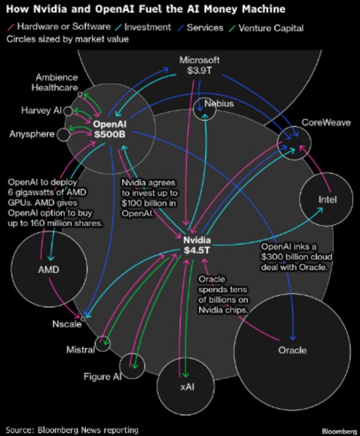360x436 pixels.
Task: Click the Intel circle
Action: pyautogui.click(x=326, y=199)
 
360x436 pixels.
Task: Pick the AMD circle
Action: pyautogui.click(x=48, y=270)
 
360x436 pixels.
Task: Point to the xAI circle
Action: pyautogui.click(x=186, y=387)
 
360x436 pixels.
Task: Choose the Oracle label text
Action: pyautogui.click(x=292, y=350)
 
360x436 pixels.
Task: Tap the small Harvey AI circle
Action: pyautogui.click(x=68, y=111)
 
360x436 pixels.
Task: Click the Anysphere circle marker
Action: pyautogui.click(x=63, y=135)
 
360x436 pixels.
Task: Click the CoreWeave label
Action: pyautogui.click(x=326, y=123)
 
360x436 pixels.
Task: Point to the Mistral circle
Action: pyautogui.click(x=103, y=343)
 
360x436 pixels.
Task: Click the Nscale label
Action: pyautogui.click(x=66, y=324)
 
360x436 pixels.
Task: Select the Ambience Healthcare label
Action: pyautogui.click(x=57, y=83)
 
